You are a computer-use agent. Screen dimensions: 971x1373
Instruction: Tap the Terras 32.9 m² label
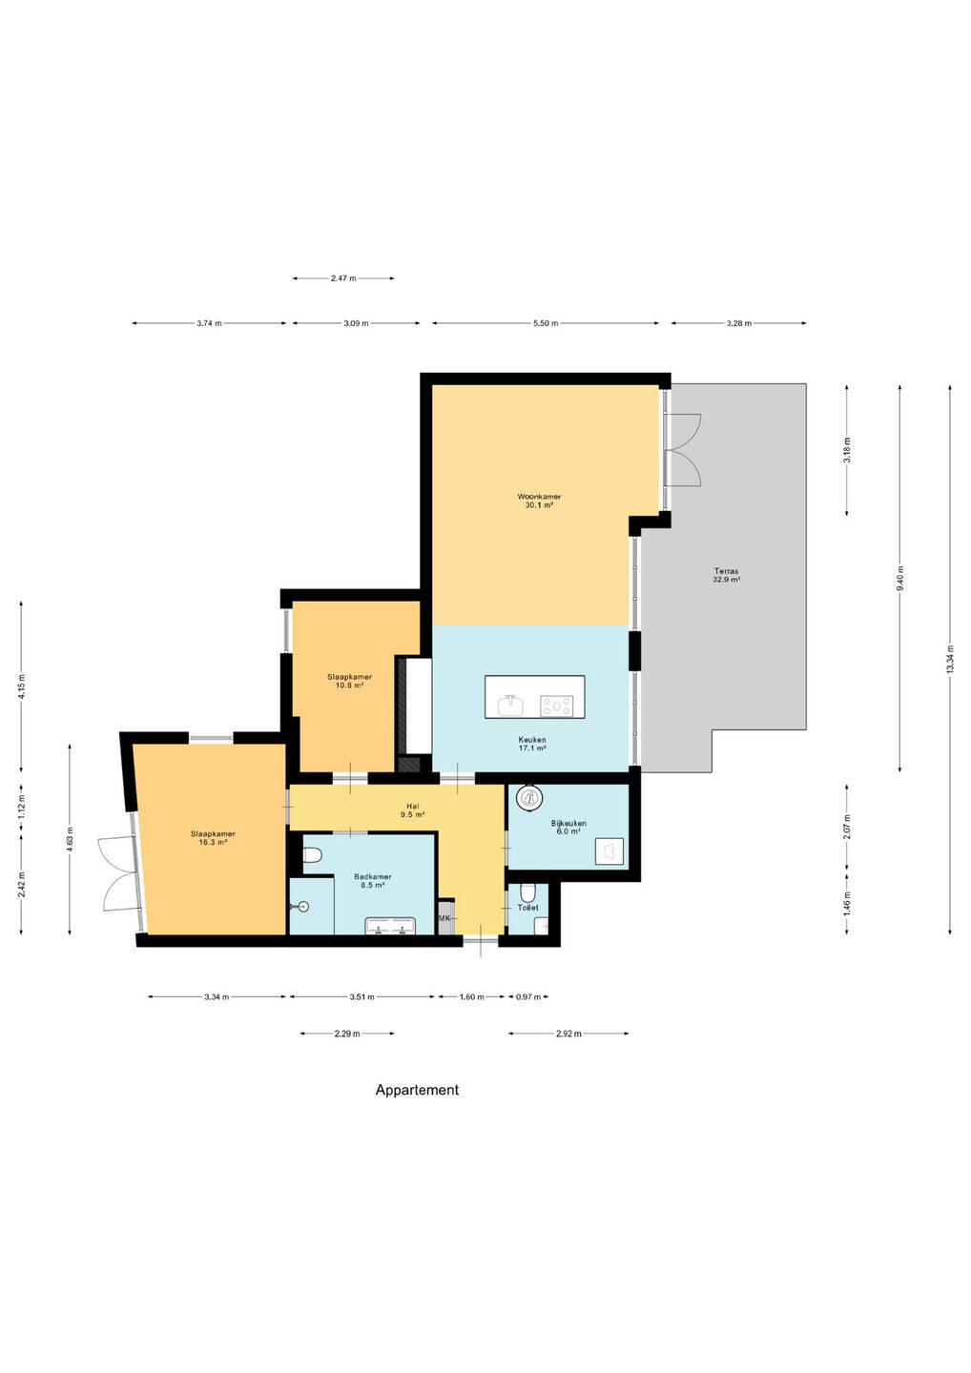tap(726, 574)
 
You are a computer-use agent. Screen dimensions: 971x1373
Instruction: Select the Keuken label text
tap(532, 739)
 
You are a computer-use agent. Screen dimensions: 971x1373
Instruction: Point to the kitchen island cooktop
tap(556, 706)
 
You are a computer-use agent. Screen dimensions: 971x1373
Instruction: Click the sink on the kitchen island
tap(510, 705)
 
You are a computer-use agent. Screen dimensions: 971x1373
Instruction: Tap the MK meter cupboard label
tap(444, 917)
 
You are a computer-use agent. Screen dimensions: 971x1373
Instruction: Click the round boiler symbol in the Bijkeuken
tap(528, 797)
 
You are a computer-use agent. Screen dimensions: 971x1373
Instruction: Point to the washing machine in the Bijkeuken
tap(609, 851)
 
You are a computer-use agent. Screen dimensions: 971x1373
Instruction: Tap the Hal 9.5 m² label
tap(413, 810)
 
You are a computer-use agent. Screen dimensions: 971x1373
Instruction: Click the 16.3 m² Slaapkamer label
tap(213, 838)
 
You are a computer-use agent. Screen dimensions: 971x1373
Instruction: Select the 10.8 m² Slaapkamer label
tap(349, 681)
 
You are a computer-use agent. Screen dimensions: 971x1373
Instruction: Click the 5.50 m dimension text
tap(546, 323)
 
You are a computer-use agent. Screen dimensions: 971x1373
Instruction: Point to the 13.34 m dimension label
tap(950, 660)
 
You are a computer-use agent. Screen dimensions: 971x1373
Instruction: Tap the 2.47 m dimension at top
tap(343, 278)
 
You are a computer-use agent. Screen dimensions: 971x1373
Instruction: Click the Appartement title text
tap(417, 1090)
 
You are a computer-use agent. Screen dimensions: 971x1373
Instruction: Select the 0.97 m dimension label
tap(527, 996)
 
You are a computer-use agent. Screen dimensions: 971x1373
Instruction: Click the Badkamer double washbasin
tap(390, 926)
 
